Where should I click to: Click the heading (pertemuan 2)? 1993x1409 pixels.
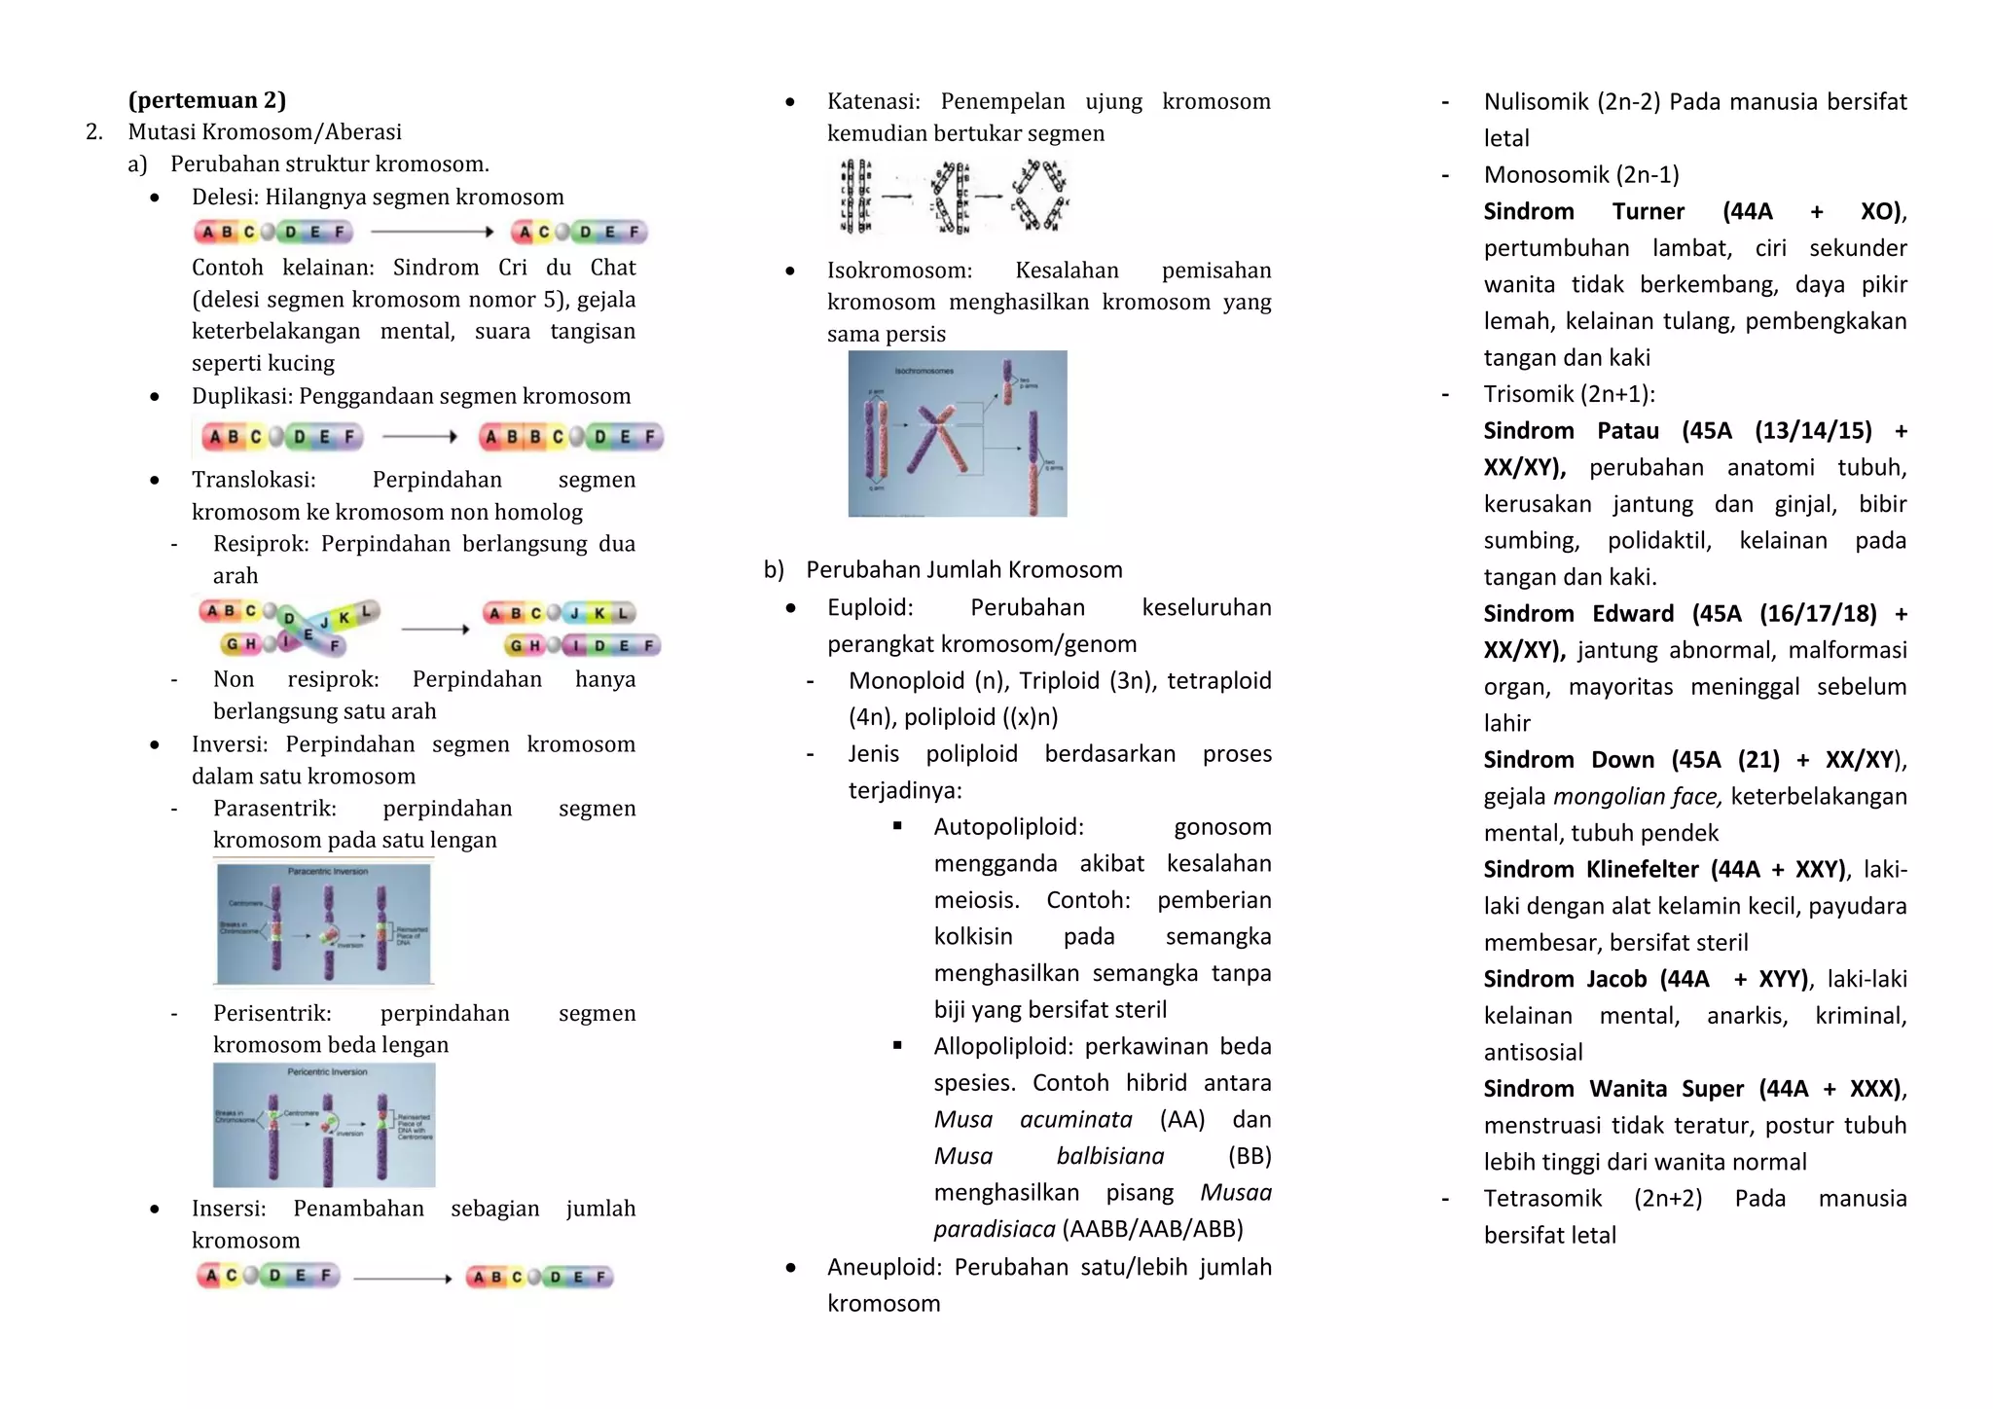coord(206,100)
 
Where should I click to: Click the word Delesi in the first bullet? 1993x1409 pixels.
coord(223,197)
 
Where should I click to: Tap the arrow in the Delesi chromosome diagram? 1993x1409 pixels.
coord(432,232)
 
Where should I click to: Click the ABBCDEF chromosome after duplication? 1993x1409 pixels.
coord(570,437)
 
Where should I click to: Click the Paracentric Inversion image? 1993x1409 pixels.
coord(323,922)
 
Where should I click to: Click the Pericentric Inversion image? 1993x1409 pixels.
coord(324,1124)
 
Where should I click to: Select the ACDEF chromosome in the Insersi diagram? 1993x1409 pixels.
coord(268,1276)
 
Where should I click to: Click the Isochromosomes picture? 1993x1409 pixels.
coord(957,434)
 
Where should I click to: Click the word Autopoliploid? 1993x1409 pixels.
coord(1007,827)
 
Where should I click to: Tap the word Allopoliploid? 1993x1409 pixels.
coord(1002,1047)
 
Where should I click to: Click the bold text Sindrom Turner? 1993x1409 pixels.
coord(1582,212)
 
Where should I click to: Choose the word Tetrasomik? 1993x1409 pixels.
coord(1541,1199)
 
